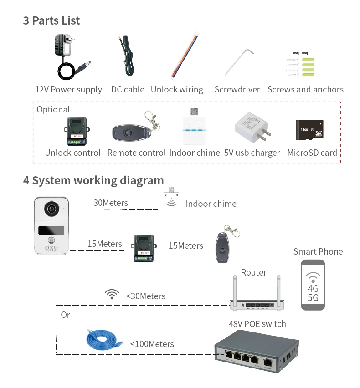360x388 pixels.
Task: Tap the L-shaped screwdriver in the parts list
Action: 239,62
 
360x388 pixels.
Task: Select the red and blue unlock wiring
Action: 185,56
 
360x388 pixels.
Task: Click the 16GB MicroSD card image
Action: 309,130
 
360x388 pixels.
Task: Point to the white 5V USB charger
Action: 252,128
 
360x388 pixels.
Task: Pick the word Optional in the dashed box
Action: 53,110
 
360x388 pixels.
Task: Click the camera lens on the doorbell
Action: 52,209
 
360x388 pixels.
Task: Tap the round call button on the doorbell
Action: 51,240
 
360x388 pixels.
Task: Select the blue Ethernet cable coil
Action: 104,340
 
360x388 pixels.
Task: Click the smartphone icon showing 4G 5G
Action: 313,285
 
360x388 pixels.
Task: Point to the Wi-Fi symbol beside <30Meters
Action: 112,294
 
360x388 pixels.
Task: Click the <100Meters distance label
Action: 152,344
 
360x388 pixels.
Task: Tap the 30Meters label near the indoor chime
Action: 111,203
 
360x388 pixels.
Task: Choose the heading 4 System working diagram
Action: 93,181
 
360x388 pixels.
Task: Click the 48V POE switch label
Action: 257,324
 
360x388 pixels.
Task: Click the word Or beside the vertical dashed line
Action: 65,315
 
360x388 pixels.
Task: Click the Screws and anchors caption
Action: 305,89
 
